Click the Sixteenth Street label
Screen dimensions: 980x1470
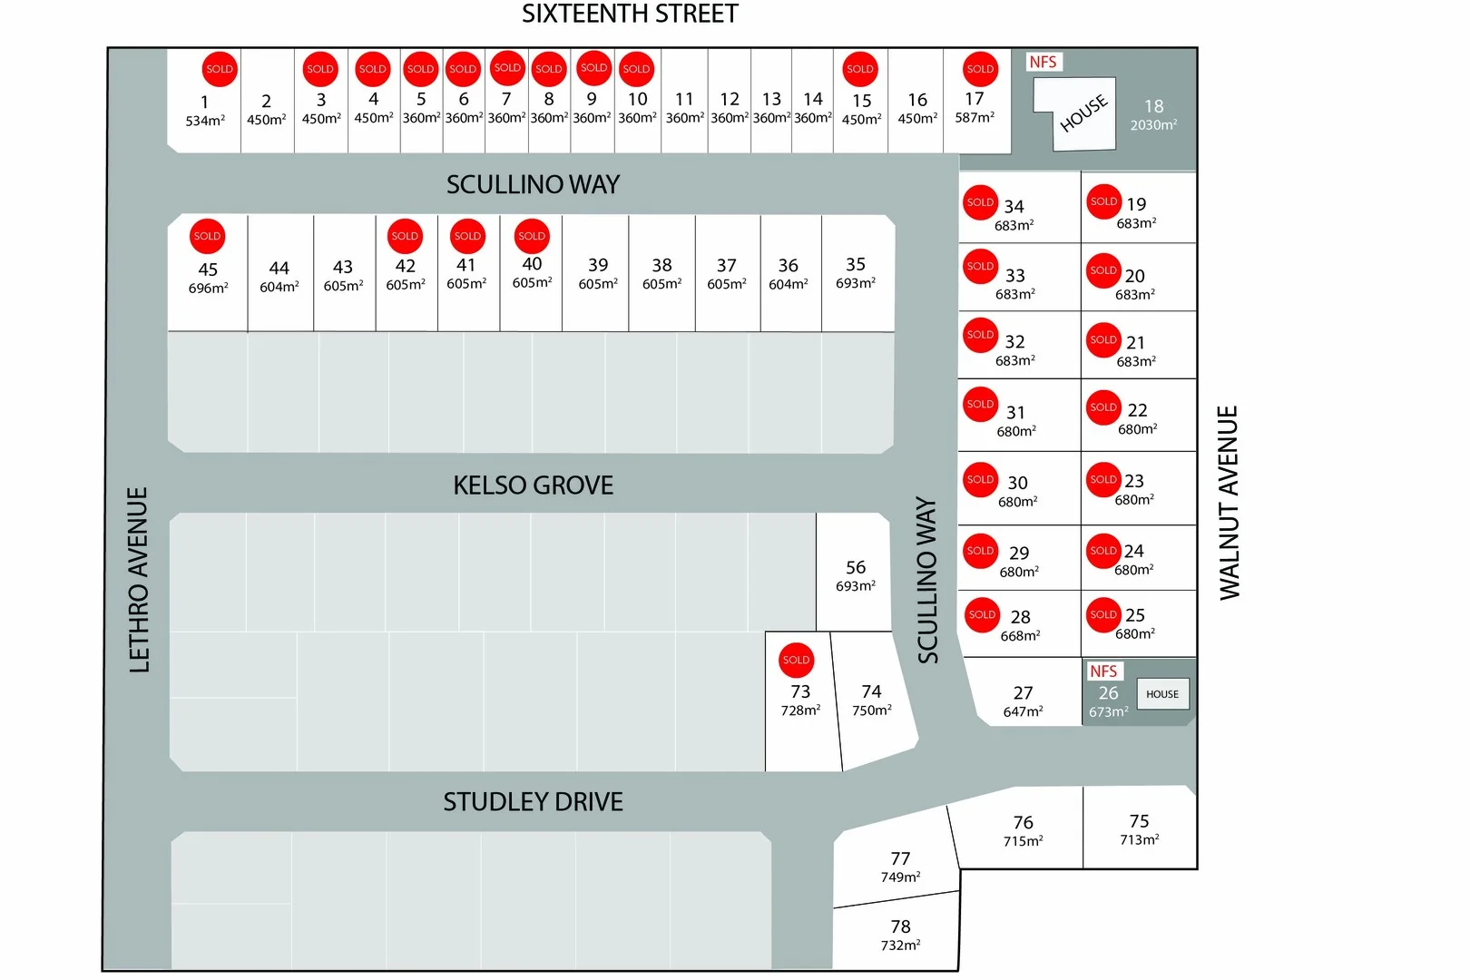[x=630, y=15]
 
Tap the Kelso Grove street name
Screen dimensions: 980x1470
[x=533, y=485]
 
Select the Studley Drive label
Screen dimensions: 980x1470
[x=533, y=802]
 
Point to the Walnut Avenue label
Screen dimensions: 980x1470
[x=1229, y=502]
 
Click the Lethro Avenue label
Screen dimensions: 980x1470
[x=139, y=580]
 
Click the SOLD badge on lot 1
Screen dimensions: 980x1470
[x=220, y=69]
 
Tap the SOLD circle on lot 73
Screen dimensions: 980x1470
[x=796, y=661]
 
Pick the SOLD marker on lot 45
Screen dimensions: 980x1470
[x=207, y=236]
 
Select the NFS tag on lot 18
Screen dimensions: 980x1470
[x=1043, y=62]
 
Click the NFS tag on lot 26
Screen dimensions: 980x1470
[x=1103, y=671]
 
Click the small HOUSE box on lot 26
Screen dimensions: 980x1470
[x=1162, y=694]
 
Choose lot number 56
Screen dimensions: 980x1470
[x=856, y=567]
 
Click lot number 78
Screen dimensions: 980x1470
[x=900, y=926]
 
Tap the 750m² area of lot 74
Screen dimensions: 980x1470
[x=871, y=710]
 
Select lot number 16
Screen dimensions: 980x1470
[x=917, y=100]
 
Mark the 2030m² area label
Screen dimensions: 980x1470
[x=1153, y=125]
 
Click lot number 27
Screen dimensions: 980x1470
[x=1023, y=692]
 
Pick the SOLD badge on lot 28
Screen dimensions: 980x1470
[x=982, y=614]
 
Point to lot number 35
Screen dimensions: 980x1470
[x=856, y=264]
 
